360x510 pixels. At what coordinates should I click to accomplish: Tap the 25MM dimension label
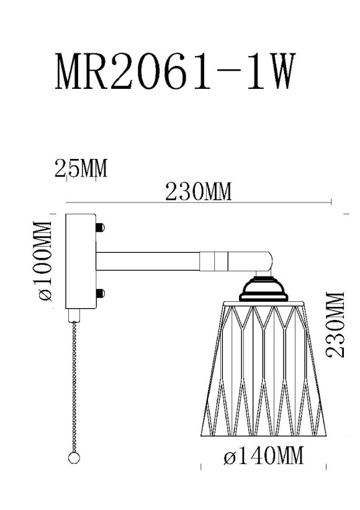point(80,168)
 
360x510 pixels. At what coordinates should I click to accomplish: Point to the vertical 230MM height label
point(335,324)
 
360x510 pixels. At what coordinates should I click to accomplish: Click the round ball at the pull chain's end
point(74,458)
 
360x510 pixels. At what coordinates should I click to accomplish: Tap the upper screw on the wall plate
point(101,228)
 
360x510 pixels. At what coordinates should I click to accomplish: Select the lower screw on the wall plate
point(101,293)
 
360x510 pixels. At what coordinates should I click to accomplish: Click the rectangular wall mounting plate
point(80,261)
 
